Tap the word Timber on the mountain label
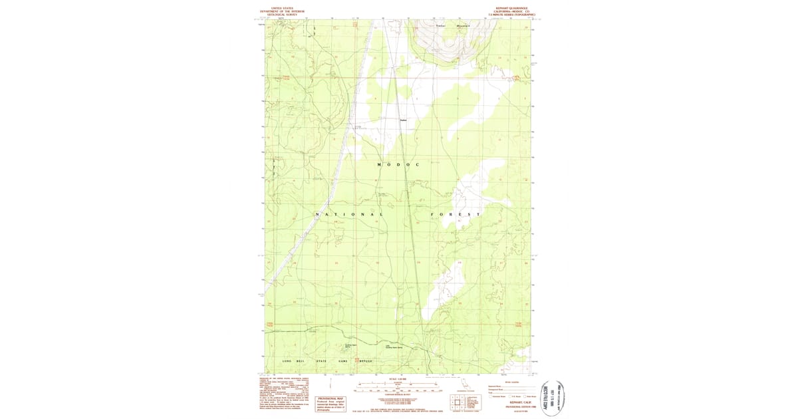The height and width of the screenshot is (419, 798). coord(440,26)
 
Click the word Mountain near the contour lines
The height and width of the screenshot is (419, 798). coord(464,26)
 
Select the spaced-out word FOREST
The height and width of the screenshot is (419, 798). coord(456,214)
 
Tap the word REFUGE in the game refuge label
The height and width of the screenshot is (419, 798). coord(367,361)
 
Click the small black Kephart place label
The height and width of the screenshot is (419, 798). coord(403,120)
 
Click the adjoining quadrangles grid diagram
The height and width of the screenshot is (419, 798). coord(458,402)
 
